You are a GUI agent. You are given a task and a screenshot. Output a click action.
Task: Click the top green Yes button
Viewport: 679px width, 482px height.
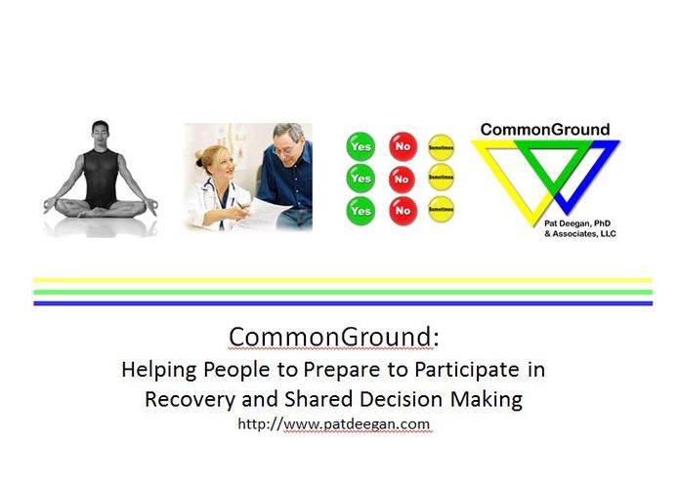361,146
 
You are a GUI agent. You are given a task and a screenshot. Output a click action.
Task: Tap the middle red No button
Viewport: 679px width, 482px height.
402,179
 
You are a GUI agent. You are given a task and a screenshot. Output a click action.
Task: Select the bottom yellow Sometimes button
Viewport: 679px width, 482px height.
442,210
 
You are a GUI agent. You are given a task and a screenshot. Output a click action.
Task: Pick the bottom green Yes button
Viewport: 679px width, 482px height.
361,210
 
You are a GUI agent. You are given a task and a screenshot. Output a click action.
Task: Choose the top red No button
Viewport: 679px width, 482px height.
402,146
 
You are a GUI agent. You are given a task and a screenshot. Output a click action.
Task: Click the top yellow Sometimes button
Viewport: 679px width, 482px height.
442,146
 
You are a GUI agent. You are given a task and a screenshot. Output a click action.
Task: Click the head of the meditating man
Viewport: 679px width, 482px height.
99,132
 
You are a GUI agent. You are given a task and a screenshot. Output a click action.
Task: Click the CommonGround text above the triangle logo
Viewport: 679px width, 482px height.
545,129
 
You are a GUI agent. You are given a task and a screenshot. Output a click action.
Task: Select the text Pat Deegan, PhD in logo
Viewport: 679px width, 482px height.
580,221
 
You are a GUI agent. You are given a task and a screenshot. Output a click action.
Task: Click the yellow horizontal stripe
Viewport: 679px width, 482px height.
342,280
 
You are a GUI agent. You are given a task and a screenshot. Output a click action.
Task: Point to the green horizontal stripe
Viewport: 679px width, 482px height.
342,291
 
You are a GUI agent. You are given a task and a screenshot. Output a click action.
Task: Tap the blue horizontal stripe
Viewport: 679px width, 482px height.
342,302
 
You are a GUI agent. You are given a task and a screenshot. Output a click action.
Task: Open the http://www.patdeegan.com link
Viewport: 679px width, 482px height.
333,424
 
